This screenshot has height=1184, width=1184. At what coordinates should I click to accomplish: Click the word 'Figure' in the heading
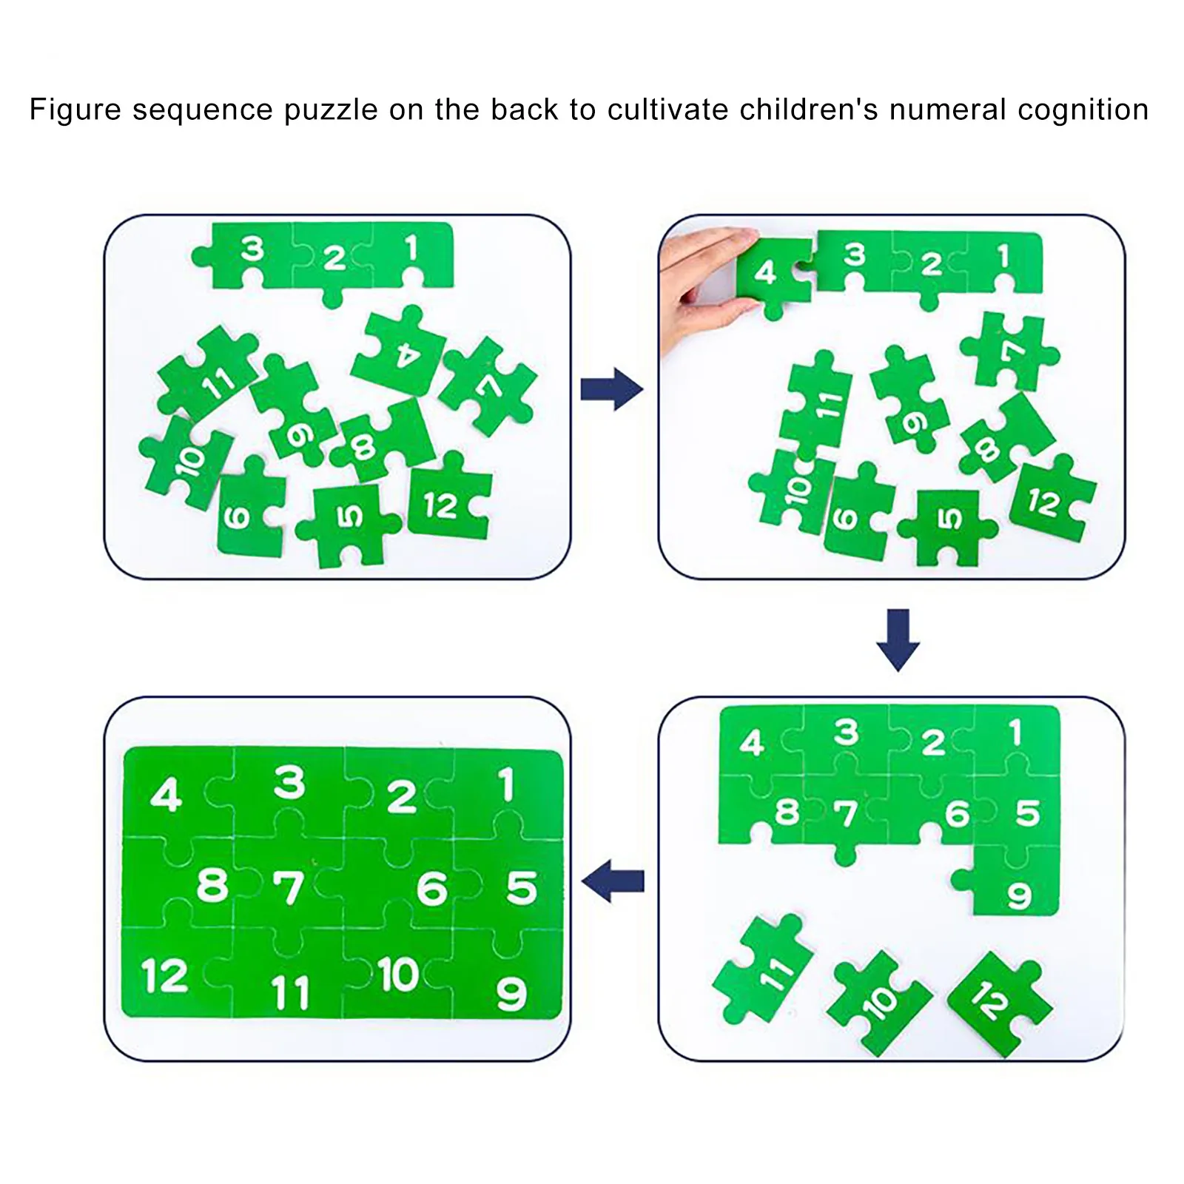tap(75, 110)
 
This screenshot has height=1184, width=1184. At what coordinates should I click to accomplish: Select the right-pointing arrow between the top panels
tap(611, 389)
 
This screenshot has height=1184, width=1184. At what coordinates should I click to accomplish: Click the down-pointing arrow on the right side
tap(898, 639)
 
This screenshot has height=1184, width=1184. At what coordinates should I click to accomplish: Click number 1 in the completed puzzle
tap(506, 784)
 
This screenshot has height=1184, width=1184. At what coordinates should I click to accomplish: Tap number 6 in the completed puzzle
tap(432, 888)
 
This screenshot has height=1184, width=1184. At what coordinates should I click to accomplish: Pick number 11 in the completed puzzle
tap(289, 992)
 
